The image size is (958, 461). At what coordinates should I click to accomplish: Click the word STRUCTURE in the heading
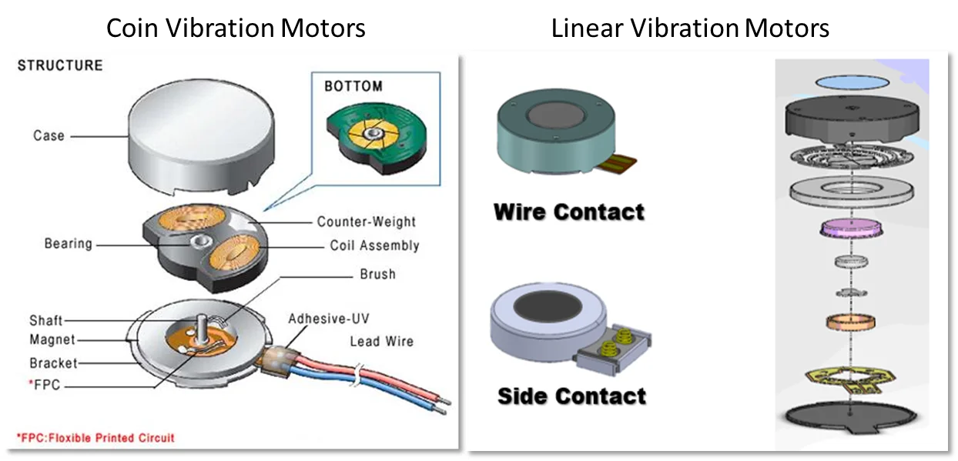(60, 65)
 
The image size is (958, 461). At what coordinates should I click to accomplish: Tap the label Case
(49, 135)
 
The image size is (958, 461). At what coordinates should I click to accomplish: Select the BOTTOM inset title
(353, 86)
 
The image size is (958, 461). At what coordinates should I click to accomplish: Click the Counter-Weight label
(367, 222)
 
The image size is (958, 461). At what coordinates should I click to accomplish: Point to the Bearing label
(68, 244)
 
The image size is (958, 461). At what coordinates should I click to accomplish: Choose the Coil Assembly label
(374, 246)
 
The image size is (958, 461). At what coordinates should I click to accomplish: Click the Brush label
(377, 274)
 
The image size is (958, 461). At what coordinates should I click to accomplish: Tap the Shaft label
(45, 320)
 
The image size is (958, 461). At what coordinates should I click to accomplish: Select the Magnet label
(52, 339)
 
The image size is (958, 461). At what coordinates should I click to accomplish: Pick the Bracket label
(54, 362)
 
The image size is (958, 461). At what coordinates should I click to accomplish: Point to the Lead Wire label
(381, 341)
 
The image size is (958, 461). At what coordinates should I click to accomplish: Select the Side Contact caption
(571, 396)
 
